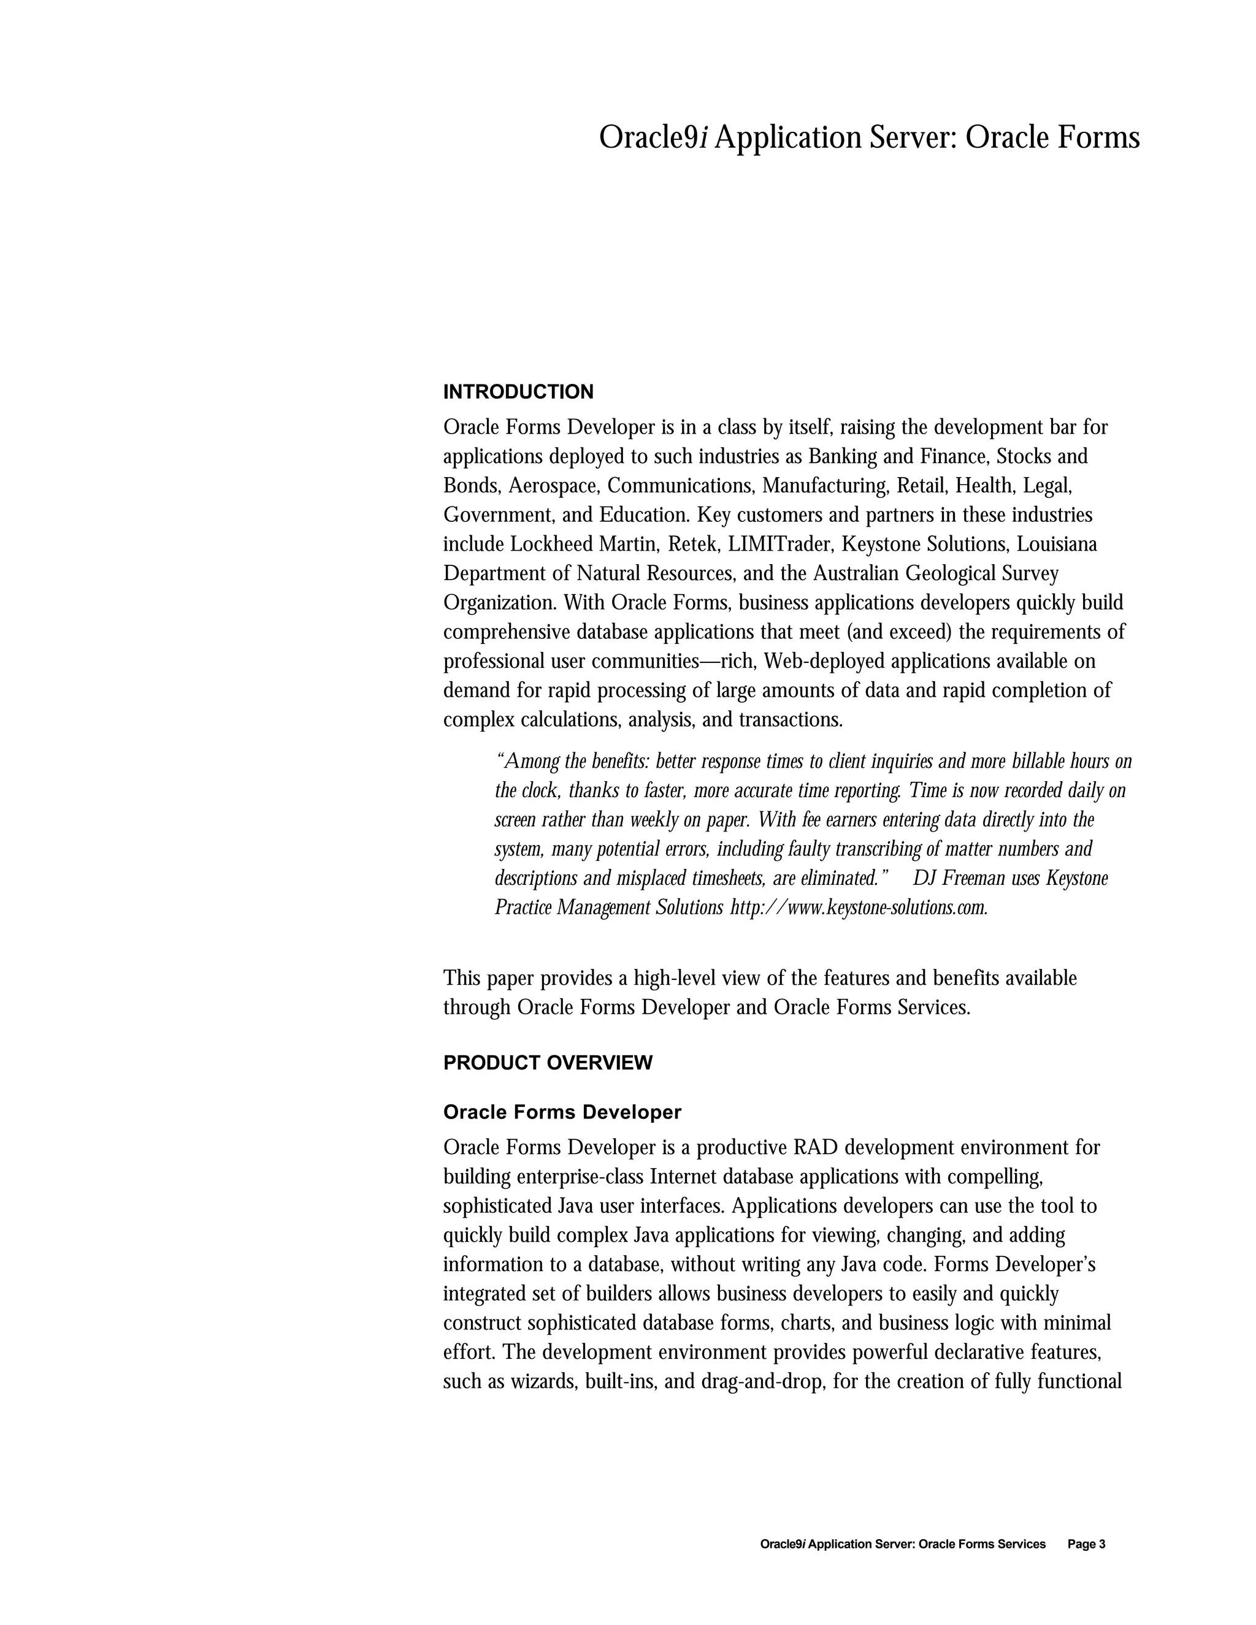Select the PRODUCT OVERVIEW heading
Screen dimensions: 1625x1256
547,1063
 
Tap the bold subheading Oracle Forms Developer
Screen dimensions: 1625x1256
562,1112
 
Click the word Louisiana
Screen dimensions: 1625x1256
1057,545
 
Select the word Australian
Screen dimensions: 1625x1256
856,574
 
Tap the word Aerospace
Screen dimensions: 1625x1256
554,486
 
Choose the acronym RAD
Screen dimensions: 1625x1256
816,1147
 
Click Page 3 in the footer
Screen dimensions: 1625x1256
1086,1544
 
